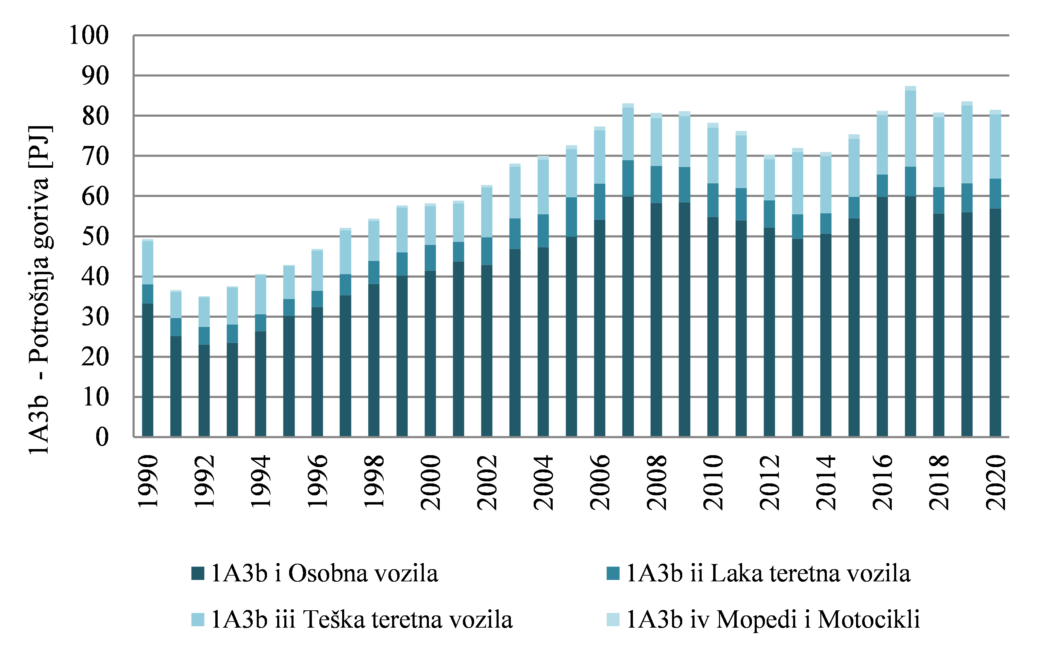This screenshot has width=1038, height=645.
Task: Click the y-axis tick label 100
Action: tap(89, 35)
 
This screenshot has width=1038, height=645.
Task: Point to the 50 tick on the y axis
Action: tap(95, 237)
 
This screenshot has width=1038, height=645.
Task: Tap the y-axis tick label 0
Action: tap(102, 437)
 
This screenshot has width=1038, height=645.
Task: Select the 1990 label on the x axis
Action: tap(148, 482)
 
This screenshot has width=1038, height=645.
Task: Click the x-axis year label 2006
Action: tap(600, 482)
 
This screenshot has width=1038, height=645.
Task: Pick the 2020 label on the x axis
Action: tap(995, 482)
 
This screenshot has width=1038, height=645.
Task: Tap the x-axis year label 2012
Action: tap(769, 482)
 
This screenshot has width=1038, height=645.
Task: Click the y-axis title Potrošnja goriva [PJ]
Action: tap(39, 290)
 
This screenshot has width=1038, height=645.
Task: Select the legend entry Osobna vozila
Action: tap(324, 573)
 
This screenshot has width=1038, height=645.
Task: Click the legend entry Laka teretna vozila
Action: tap(768, 573)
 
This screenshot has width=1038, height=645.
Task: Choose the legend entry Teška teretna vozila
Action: tap(362, 620)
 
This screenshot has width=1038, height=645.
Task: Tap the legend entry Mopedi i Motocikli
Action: tap(773, 620)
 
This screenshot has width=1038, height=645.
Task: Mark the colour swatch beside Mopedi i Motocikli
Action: tap(613, 620)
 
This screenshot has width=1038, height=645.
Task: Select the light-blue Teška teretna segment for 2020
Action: tap(995, 146)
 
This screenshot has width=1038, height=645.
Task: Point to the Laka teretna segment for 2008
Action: tap(656, 185)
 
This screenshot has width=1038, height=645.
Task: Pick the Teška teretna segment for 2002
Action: tap(487, 212)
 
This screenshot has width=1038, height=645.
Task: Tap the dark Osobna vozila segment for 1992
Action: tap(204, 390)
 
